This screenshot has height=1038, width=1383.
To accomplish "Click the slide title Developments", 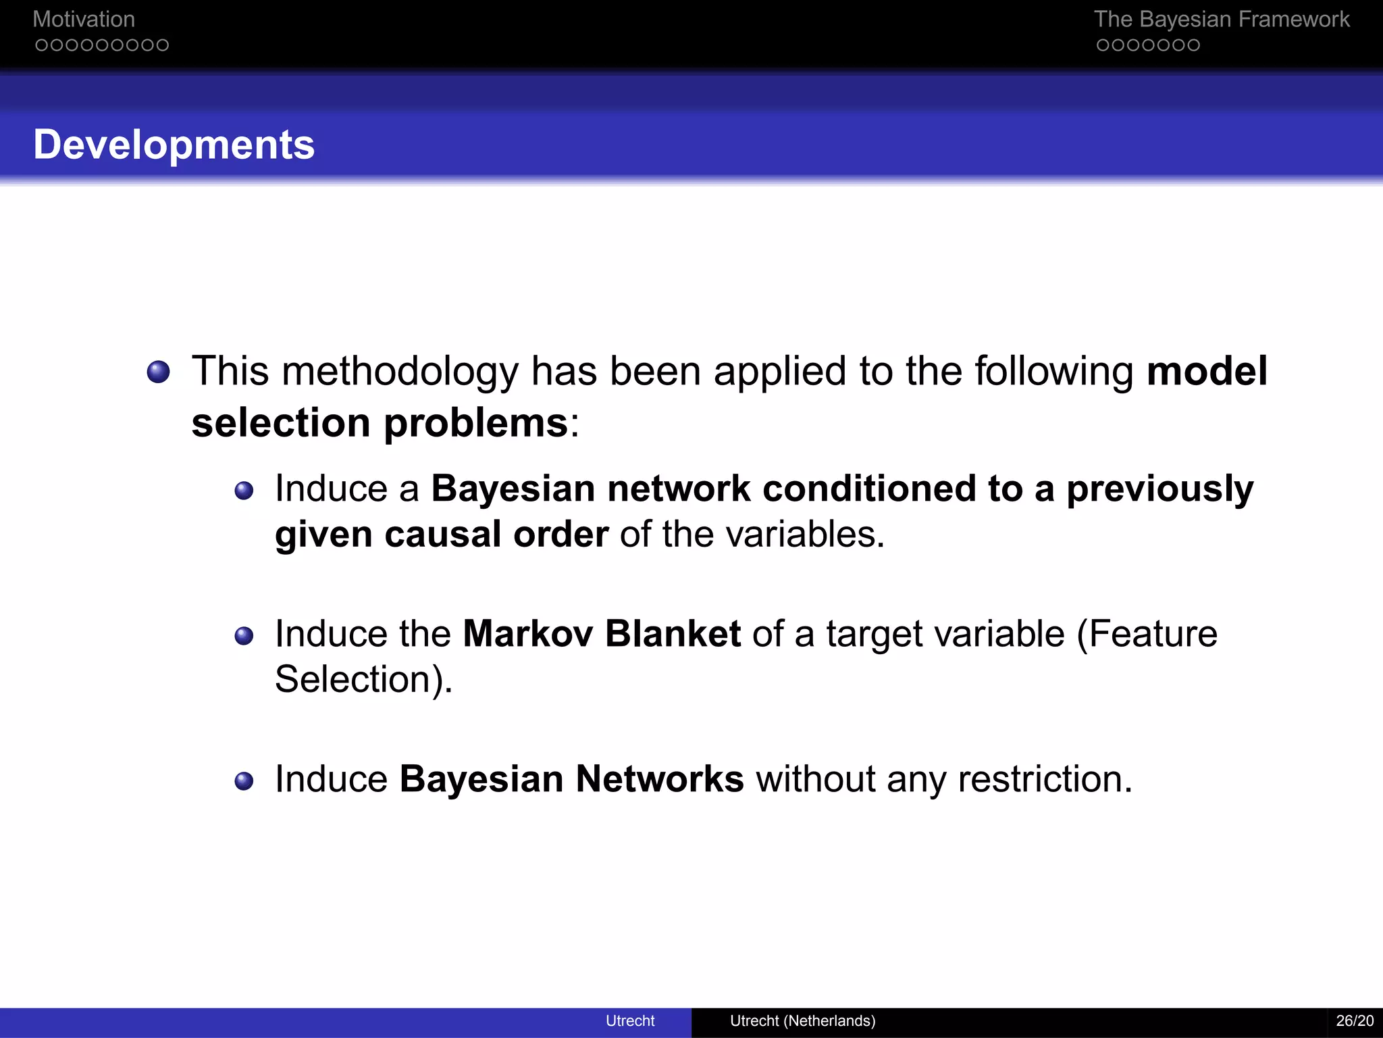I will click(x=174, y=145).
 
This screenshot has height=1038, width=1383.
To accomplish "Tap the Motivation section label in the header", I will click(x=84, y=20).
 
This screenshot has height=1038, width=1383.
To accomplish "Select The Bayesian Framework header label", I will click(x=1221, y=20).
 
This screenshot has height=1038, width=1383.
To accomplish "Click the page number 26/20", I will click(x=1354, y=1020).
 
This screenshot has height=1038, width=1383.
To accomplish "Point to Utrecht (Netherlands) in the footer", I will click(x=802, y=1020).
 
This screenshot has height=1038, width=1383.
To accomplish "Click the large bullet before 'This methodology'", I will click(x=159, y=372).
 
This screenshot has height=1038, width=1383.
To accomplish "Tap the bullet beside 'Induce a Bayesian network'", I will click(x=244, y=491).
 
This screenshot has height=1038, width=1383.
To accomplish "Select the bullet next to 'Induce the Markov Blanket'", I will click(x=244, y=636).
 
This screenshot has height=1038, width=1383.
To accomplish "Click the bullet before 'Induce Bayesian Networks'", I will click(x=244, y=781).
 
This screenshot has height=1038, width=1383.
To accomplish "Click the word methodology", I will click(x=400, y=372).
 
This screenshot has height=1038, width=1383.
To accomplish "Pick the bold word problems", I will click(x=475, y=423).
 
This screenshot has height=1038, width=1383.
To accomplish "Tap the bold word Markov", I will click(x=527, y=634).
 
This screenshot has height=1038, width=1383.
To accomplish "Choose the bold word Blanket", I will click(x=673, y=634).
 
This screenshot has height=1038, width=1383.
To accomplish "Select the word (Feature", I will click(x=1147, y=634).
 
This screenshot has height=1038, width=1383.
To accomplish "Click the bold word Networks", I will click(x=659, y=779).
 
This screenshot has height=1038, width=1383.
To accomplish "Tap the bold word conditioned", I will click(x=869, y=489).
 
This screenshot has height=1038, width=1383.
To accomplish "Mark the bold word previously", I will click(x=1159, y=490).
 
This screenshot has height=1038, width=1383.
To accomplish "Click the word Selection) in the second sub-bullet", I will click(x=363, y=679).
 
